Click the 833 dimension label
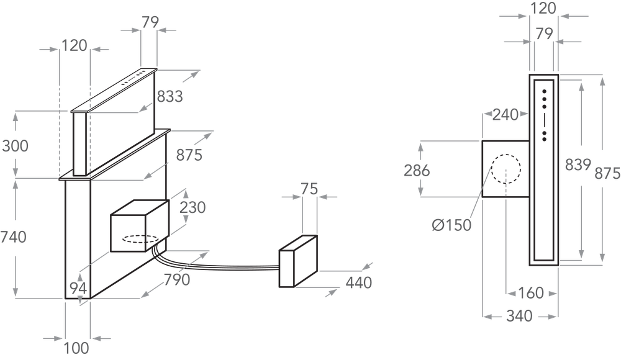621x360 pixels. pos(170,96)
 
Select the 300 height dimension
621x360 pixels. pos(15,146)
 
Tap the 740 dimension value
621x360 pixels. pos(13,237)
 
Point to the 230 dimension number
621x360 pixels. pos(193,207)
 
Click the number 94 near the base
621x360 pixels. pos(78,288)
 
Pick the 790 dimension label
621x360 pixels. pos(177,279)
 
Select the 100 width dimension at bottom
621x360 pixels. pos(76,348)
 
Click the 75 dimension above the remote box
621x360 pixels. pos(309,189)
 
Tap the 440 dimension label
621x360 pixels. pos(359,283)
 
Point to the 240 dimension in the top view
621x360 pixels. pos(505,114)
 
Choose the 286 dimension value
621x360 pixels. pos(417,170)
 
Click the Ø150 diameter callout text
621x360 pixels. pos(452,225)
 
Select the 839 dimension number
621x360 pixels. pos(578,164)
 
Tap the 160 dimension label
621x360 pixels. pos(531,293)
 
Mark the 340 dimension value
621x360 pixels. pos(520,316)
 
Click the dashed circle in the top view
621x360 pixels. pos(506,169)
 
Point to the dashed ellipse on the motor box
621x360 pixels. pos(140,239)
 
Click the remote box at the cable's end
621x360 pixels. pos(298,261)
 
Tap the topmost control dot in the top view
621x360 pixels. pos(545,91)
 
